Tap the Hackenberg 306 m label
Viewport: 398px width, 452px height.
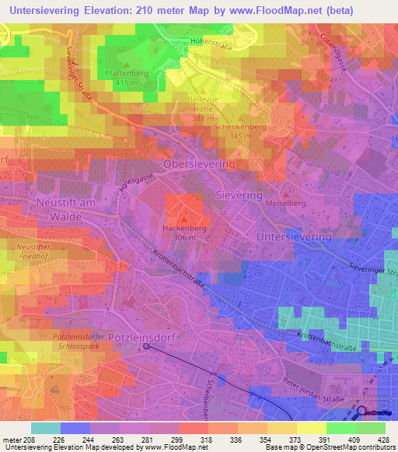(x=183, y=233)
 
